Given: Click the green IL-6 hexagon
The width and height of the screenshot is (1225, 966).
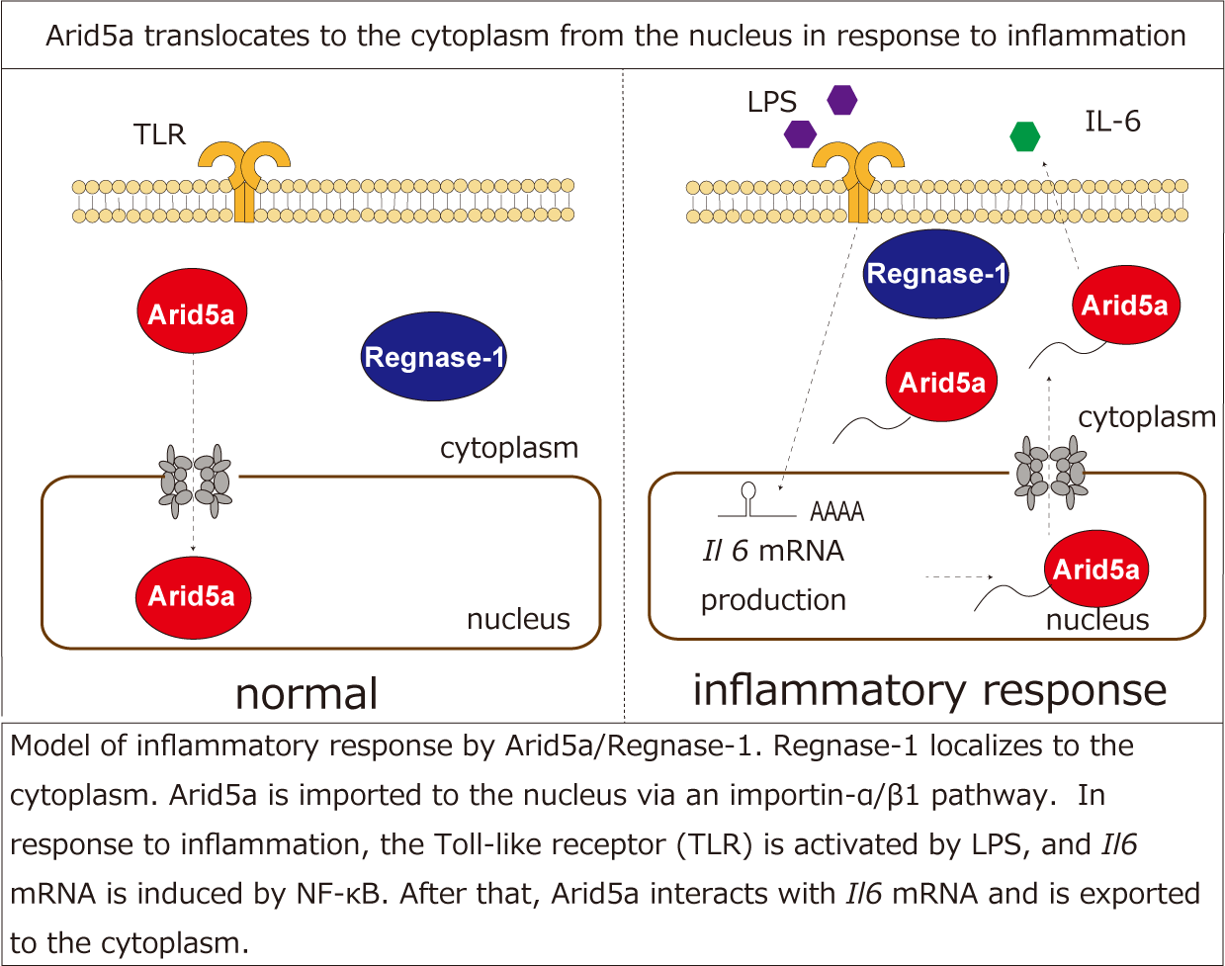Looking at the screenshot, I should coord(1025,136).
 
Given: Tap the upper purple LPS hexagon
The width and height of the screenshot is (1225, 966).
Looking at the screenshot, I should coord(841,99).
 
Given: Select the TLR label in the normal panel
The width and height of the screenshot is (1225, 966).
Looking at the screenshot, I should coord(159,134).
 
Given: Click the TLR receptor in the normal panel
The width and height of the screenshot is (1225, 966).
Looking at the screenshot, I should coord(244,178).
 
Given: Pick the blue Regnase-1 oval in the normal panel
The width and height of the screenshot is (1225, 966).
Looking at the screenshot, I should coord(433,357).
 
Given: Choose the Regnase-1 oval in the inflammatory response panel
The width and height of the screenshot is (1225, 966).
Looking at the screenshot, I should coord(935,274).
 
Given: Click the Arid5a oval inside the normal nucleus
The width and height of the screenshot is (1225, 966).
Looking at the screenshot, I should coord(192,596).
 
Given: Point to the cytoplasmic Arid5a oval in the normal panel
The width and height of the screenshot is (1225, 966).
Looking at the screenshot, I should coord(192,313).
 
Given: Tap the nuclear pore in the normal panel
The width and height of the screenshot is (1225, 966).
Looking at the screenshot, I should coord(195,482).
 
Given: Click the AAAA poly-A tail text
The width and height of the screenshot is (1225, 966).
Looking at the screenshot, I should coord(836,512).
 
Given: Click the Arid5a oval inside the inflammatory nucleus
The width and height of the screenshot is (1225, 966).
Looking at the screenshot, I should coord(1096,569).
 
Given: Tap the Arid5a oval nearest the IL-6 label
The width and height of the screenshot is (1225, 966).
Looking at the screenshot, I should coord(1125,305).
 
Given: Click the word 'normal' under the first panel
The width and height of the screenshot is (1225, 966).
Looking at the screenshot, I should coord(306,693).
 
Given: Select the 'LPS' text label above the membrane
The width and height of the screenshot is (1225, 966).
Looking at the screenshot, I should coord(771,102).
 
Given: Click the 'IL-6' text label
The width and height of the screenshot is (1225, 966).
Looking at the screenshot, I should coord(1112,122).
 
